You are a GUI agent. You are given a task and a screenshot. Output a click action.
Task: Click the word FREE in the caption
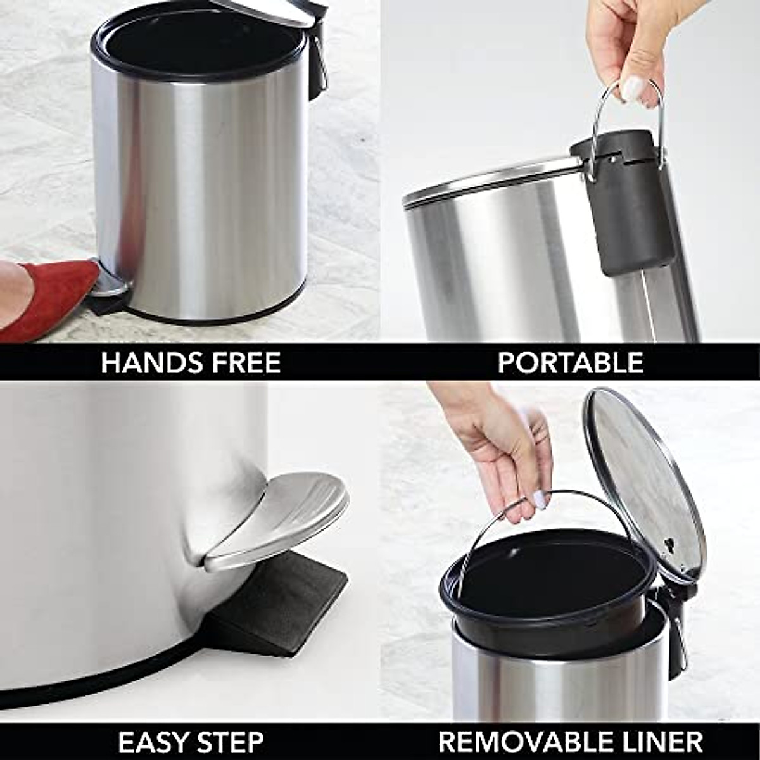[244, 363]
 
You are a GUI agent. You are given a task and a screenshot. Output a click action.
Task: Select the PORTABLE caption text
[570, 363]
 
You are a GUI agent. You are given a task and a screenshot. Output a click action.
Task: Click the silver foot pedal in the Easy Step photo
[279, 519]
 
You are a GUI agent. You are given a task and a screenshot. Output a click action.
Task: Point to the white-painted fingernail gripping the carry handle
[632, 89]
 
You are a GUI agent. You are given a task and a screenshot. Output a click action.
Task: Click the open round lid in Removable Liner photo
[643, 481]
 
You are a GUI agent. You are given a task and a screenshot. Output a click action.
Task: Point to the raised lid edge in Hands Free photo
[266, 13]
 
